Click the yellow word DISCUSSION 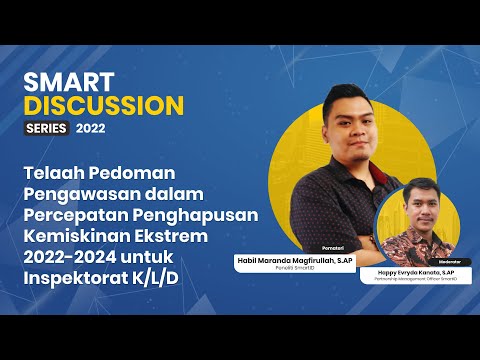coord(104,105)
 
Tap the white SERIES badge coord(46,128)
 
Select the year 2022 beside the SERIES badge coord(89,128)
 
